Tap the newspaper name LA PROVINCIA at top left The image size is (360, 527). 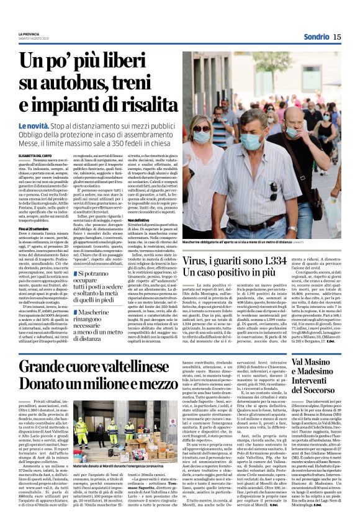pos(29,34)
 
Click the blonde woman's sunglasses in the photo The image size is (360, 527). pos(202,128)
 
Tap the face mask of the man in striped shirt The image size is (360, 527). pos(251,142)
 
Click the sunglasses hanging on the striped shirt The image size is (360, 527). pos(273,191)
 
